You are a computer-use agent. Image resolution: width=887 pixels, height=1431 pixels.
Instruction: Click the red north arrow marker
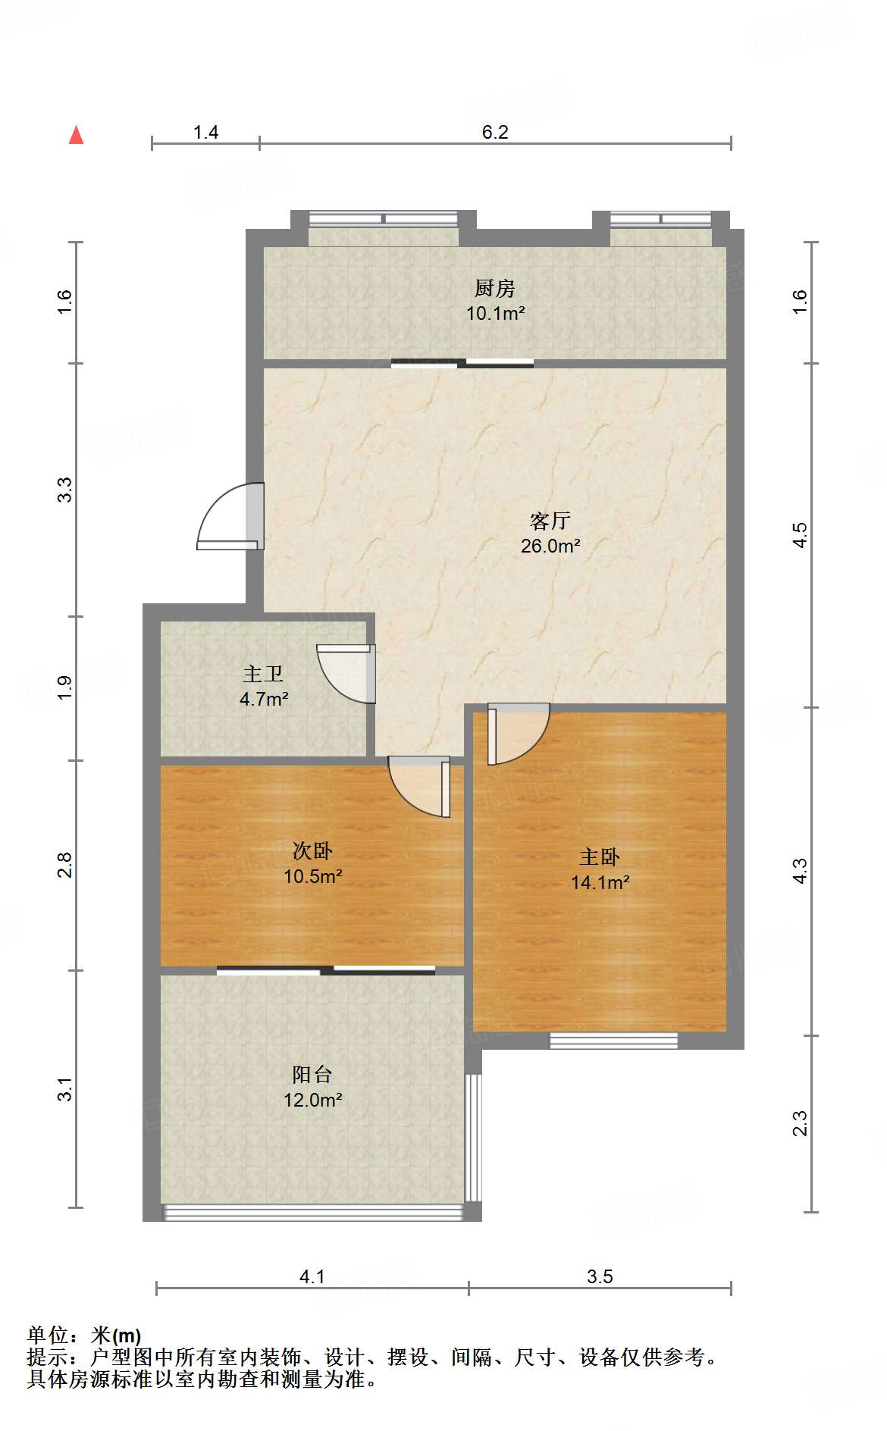[76, 136]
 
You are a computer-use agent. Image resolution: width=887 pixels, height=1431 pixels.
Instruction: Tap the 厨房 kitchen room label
[495, 288]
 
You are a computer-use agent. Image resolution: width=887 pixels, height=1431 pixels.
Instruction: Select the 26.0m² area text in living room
[550, 546]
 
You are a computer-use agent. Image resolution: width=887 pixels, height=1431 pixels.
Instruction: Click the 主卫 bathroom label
[263, 674]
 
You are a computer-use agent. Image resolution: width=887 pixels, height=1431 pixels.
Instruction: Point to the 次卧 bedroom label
[312, 851]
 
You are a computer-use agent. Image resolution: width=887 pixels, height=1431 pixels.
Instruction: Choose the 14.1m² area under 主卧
[600, 882]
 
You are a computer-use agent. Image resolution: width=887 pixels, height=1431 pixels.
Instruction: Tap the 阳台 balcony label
[312, 1074]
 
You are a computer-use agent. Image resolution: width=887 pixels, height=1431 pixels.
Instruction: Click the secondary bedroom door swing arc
[417, 787]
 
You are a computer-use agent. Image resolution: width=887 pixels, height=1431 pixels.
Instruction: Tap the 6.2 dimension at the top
[495, 132]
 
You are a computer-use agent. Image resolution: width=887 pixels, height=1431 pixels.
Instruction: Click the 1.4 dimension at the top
[205, 133]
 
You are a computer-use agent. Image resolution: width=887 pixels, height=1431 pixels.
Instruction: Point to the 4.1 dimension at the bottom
[312, 1276]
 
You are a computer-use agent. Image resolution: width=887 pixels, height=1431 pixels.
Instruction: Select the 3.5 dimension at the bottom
[599, 1276]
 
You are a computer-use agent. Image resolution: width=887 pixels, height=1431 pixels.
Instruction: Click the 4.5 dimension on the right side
[800, 535]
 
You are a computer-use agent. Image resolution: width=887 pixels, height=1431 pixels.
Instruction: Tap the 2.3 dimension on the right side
[800, 1123]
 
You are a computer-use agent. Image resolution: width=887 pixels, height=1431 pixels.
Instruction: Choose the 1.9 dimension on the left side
[65, 687]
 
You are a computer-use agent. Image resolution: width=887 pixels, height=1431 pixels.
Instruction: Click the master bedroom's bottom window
[613, 1041]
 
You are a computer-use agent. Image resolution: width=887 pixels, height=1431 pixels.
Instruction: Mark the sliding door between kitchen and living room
[462, 363]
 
